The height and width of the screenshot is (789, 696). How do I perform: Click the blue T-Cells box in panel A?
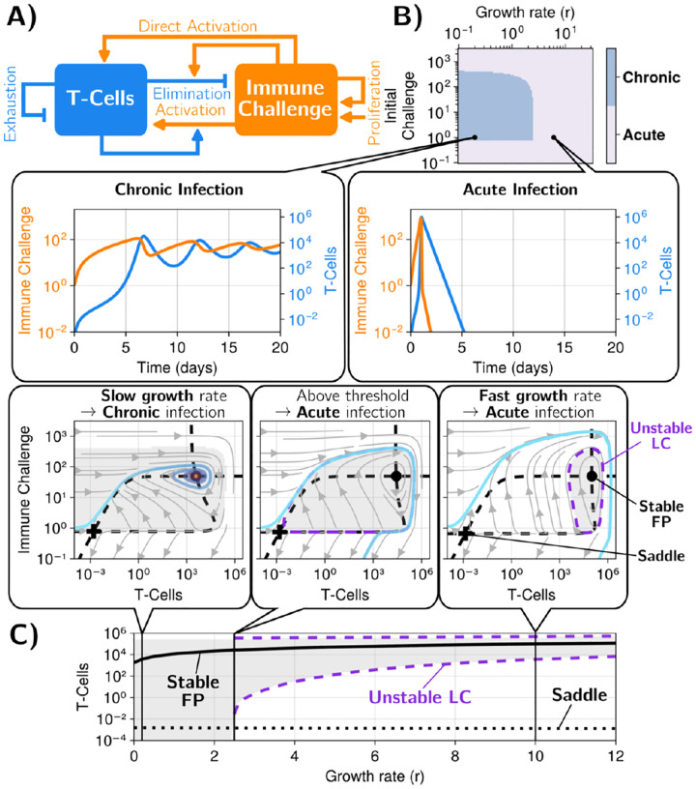coord(101,99)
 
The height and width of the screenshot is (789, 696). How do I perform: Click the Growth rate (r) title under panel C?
coord(374,778)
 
